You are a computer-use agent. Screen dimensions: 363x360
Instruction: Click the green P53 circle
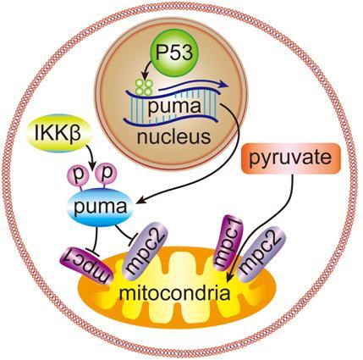click(x=174, y=53)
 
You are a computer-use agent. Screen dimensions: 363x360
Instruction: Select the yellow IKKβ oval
click(x=58, y=133)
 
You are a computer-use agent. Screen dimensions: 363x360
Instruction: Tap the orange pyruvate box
click(x=290, y=158)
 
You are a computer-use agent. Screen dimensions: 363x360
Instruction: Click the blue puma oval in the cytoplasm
click(x=101, y=207)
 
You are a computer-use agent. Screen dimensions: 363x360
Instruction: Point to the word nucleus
click(x=174, y=137)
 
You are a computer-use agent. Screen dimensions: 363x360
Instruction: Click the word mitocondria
click(x=175, y=293)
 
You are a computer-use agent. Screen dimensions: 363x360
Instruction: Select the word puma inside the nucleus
click(x=174, y=108)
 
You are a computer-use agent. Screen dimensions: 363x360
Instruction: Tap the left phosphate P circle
click(x=78, y=176)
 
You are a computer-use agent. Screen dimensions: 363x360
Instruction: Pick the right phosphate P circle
click(x=106, y=176)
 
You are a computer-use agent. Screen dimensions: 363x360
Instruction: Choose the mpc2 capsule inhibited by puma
click(x=146, y=251)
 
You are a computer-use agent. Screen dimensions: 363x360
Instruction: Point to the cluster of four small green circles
click(x=144, y=87)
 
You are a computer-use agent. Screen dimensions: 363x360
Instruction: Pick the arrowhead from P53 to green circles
click(x=145, y=77)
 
